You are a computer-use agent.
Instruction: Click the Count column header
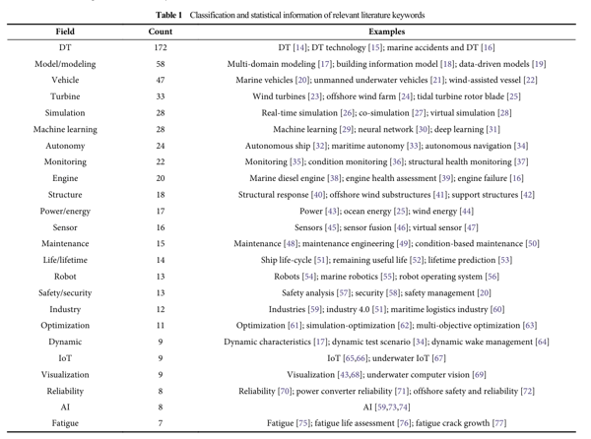161,31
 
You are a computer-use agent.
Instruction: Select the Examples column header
387,31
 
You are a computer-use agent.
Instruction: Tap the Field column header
65,31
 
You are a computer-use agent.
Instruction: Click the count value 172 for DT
161,48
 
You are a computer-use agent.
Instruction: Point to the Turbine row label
65,96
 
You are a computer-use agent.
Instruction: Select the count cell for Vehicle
161,80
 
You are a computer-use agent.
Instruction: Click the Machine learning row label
65,130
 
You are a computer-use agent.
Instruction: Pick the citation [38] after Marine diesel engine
334,178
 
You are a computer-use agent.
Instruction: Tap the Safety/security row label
65,293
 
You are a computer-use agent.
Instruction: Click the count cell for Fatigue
161,423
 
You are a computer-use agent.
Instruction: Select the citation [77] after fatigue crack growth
499,423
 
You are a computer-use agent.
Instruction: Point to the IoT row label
65,358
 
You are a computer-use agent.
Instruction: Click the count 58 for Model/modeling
161,64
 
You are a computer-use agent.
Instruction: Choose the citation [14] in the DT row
300,48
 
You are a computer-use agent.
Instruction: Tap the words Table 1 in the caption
168,16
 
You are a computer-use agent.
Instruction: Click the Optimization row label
65,326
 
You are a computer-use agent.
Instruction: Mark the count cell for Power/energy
161,212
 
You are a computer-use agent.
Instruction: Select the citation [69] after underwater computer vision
479,375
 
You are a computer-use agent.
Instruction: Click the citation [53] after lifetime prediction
505,260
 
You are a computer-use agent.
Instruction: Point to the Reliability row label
65,391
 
